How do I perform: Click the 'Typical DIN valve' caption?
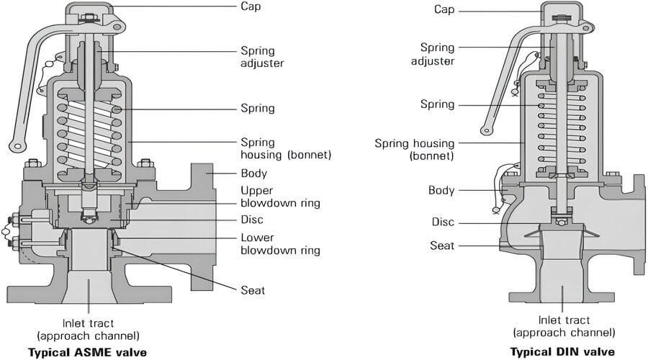tap(562, 352)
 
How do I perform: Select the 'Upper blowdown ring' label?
tap(279, 197)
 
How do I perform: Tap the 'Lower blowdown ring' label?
tap(279, 244)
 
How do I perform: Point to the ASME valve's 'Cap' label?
tap(251, 6)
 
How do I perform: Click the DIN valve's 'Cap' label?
tap(444, 9)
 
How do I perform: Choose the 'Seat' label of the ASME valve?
tap(253, 290)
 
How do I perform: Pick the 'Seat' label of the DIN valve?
tap(442, 246)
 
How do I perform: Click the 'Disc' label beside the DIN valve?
tap(443, 222)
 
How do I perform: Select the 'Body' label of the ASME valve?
tap(253, 174)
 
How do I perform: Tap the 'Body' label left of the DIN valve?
tap(441, 190)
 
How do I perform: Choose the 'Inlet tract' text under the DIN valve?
tap(563, 325)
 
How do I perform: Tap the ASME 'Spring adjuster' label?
tap(262, 56)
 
